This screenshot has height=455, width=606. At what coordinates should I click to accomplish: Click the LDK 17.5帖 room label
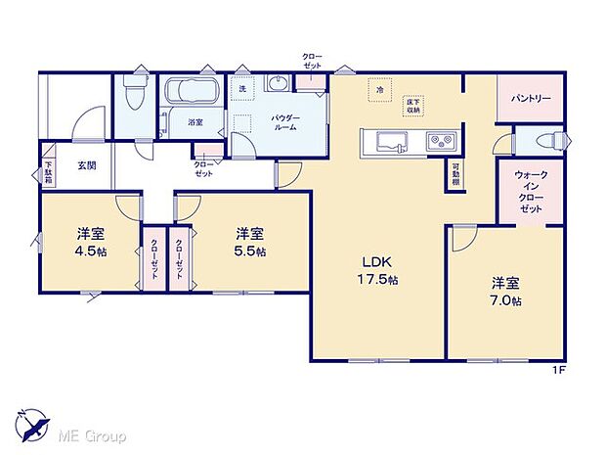click(x=380, y=271)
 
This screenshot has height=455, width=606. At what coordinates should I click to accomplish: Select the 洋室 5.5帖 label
click(x=250, y=241)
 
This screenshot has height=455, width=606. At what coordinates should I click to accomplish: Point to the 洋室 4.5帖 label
click(x=93, y=241)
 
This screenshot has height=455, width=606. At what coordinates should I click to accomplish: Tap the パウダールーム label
click(x=286, y=122)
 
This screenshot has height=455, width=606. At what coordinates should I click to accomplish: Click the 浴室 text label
click(x=195, y=122)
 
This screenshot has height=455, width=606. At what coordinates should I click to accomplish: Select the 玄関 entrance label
click(x=87, y=165)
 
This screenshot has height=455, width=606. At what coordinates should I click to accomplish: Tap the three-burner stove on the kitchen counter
click(x=439, y=142)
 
